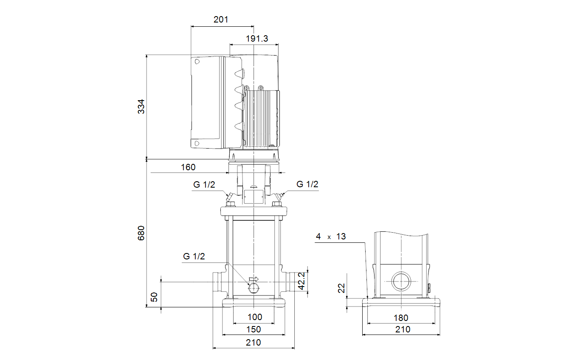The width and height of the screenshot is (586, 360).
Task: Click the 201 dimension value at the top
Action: [221, 20]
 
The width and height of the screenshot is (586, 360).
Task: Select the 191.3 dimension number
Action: [257, 39]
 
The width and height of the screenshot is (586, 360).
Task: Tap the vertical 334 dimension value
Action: [141, 107]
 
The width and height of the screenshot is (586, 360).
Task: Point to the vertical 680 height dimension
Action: [141, 233]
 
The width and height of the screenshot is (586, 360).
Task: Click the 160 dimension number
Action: [188, 167]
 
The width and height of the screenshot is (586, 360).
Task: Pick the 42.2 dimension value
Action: [301, 281]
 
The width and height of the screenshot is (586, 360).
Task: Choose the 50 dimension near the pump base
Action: [154, 297]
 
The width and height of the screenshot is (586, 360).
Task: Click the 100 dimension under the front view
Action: [255, 317]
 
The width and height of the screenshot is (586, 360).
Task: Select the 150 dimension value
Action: [254, 329]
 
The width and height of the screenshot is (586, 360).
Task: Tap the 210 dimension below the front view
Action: [253, 343]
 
